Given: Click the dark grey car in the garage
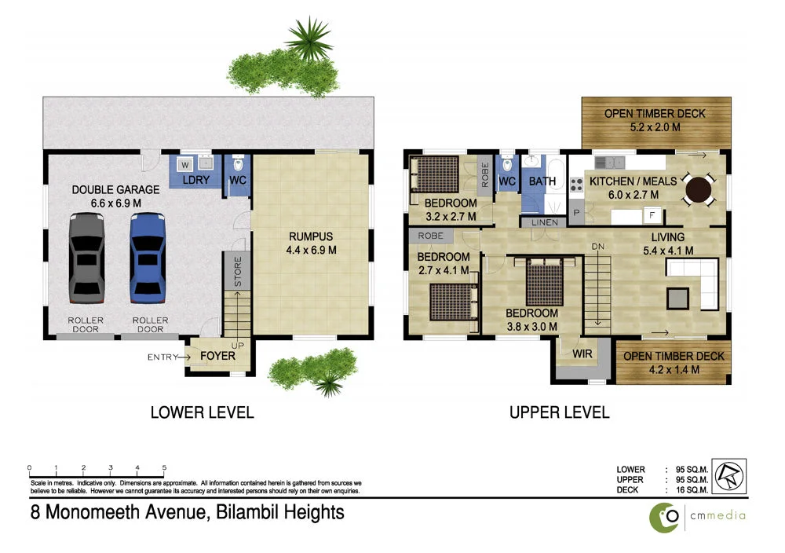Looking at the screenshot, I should pyautogui.click(x=86, y=257).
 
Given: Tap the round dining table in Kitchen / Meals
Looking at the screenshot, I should pyautogui.click(x=699, y=189).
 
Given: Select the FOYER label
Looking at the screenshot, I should pyautogui.click(x=217, y=356).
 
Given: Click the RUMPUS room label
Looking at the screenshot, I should pyautogui.click(x=312, y=236).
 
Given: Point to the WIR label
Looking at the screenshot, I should pyautogui.click(x=582, y=354).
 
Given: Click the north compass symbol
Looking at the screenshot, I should pyautogui.click(x=730, y=475).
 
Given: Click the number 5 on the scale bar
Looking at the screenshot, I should pyautogui.click(x=164, y=467).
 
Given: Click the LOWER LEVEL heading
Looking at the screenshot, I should pyautogui.click(x=203, y=412).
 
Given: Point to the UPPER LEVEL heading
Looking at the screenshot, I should pyautogui.click(x=559, y=412).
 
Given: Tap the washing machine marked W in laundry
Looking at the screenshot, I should pyautogui.click(x=184, y=165).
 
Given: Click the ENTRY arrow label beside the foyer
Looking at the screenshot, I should pyautogui.click(x=168, y=357).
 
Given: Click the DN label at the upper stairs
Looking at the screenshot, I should pyautogui.click(x=598, y=247).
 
